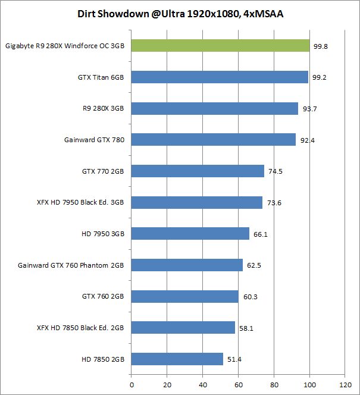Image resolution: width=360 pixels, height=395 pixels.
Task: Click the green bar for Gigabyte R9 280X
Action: tap(220, 46)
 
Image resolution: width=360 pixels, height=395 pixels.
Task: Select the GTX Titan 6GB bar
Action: tap(220, 77)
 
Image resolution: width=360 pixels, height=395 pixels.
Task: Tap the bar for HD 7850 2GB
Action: tap(177, 359)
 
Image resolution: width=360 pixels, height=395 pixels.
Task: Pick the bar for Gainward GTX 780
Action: tap(213, 140)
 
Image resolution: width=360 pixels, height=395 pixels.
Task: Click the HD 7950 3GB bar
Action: tap(190, 234)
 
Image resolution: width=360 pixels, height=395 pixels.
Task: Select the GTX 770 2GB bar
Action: tap(198, 171)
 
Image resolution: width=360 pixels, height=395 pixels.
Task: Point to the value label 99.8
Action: tap(321, 46)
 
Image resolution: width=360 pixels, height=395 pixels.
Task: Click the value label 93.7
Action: tap(310, 109)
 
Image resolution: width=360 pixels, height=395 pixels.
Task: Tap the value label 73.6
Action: tap(274, 203)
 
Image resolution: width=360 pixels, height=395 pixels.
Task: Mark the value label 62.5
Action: tap(255, 265)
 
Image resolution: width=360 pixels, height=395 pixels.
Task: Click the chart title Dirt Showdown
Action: tap(180, 13)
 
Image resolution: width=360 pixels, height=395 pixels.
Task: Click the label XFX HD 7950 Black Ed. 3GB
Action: tap(80, 203)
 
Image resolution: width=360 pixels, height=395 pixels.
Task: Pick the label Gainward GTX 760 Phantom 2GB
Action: tap(71, 265)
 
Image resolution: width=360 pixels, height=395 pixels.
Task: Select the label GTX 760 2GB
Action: tap(102, 296)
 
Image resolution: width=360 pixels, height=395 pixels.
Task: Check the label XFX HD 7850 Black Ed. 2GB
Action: tap(80, 328)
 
